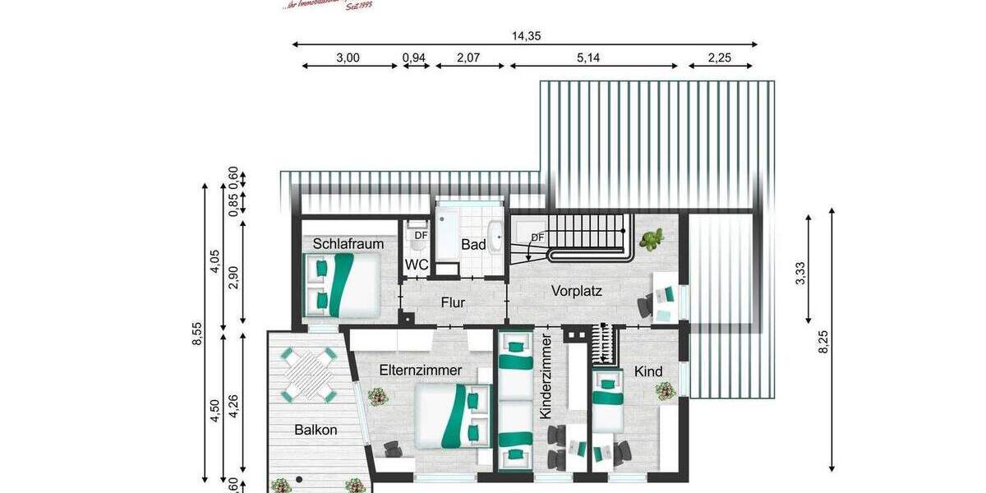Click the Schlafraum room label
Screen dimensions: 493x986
click(348, 244)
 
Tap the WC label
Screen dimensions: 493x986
click(417, 265)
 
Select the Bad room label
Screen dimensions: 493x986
click(473, 245)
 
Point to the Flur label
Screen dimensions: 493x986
click(453, 302)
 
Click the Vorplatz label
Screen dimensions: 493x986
click(577, 290)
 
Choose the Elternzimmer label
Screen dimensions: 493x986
click(421, 371)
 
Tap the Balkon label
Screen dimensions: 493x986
click(316, 429)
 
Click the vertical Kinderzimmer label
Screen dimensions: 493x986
click(545, 378)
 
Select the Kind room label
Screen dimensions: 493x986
click(649, 371)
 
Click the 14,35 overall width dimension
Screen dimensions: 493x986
click(525, 35)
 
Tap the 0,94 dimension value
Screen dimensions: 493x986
click(414, 58)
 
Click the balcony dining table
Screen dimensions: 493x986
click(310, 374)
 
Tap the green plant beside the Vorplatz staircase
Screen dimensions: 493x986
click(653, 240)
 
